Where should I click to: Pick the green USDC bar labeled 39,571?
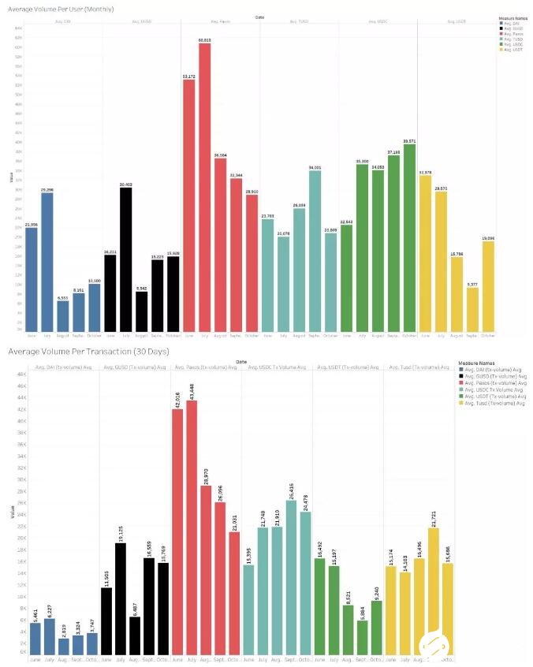(x=409, y=237)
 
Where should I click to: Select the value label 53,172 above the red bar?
(x=189, y=76)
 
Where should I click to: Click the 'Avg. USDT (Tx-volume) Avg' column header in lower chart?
(x=348, y=367)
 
